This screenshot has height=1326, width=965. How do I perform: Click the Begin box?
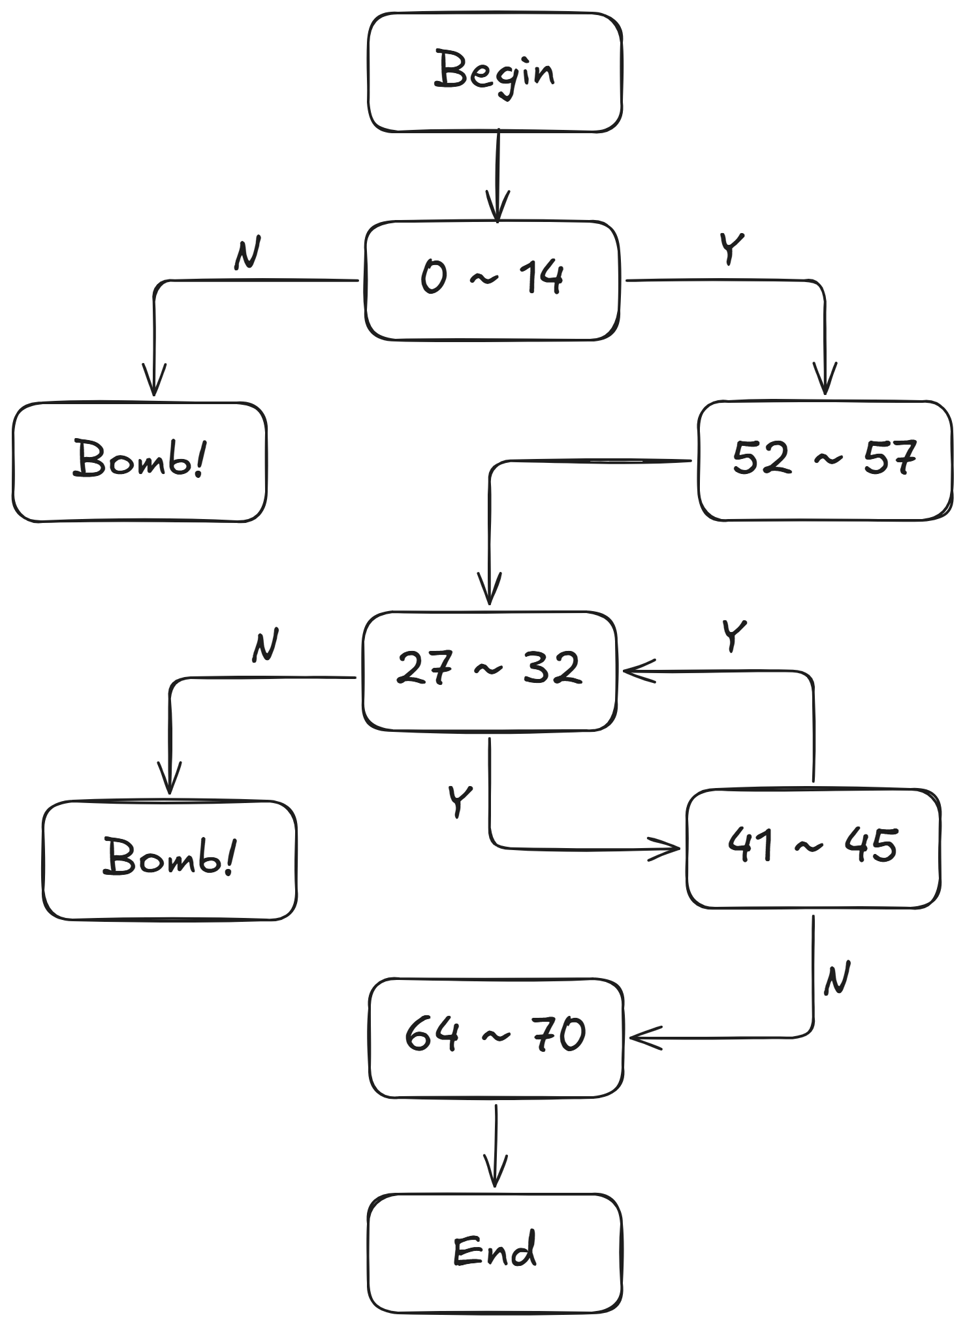pos(494,72)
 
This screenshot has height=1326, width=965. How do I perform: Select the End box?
pos(494,1252)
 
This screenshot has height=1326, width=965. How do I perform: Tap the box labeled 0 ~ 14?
pos(492,280)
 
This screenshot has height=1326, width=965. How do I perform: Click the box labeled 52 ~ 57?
pos(824,460)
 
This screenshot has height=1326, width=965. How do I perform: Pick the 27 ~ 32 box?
pos(489,671)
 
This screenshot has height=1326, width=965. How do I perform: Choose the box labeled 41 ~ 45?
pos(813,848)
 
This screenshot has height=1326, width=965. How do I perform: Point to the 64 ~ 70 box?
pos(496,1037)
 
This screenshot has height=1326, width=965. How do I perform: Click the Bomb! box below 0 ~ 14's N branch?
pos(139,461)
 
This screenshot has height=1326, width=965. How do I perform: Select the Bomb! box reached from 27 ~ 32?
pos(169,860)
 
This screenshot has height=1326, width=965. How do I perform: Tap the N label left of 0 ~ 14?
pos(247,253)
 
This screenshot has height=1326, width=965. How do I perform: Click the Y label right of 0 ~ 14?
pos(731,248)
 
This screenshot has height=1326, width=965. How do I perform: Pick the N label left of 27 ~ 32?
pos(265,645)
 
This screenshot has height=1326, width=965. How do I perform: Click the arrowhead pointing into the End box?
pos(496,1175)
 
